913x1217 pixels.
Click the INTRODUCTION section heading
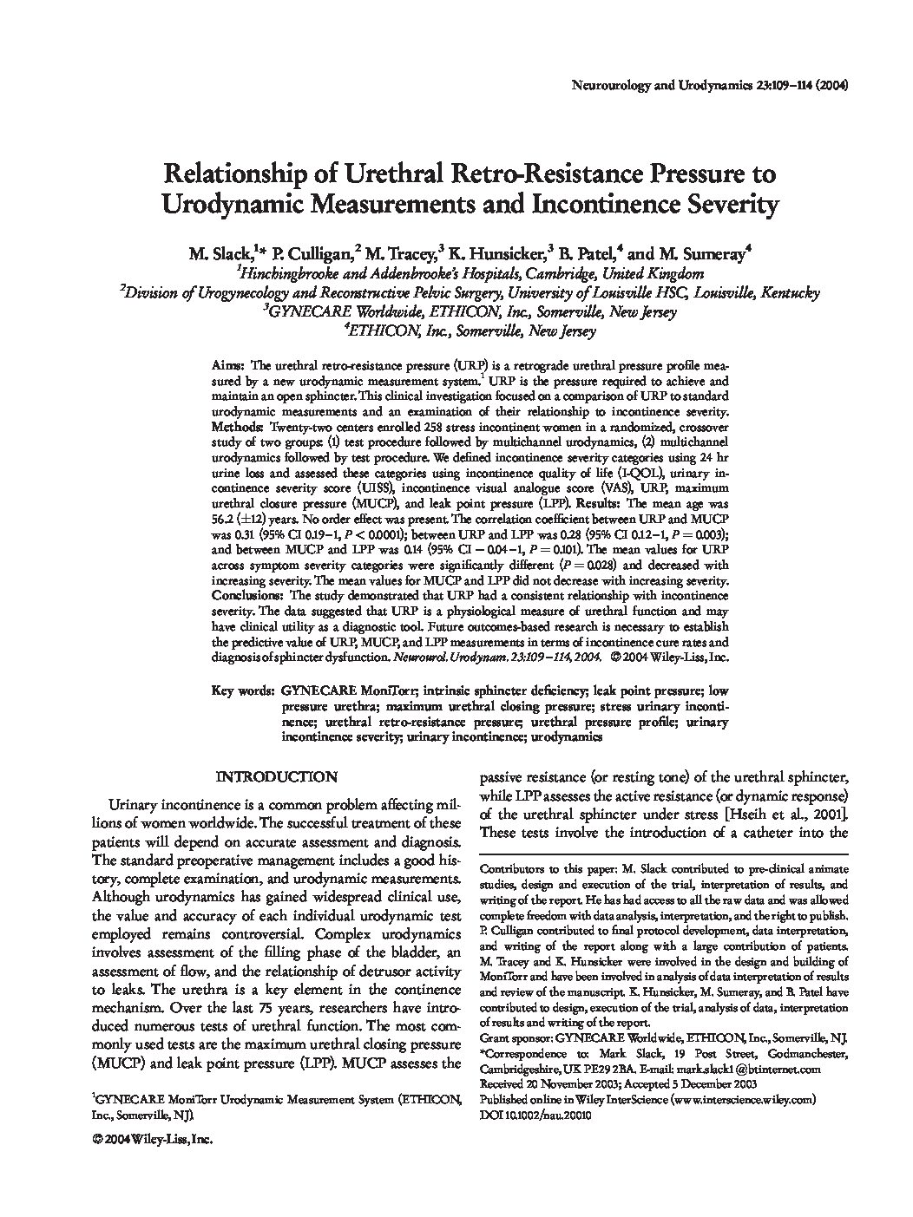[x=276, y=777]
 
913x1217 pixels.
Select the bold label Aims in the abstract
[x=227, y=367]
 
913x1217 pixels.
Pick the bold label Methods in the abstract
[x=237, y=429]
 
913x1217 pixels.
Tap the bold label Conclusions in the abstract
[x=246, y=597]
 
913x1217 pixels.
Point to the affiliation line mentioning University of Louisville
[x=470, y=293]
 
